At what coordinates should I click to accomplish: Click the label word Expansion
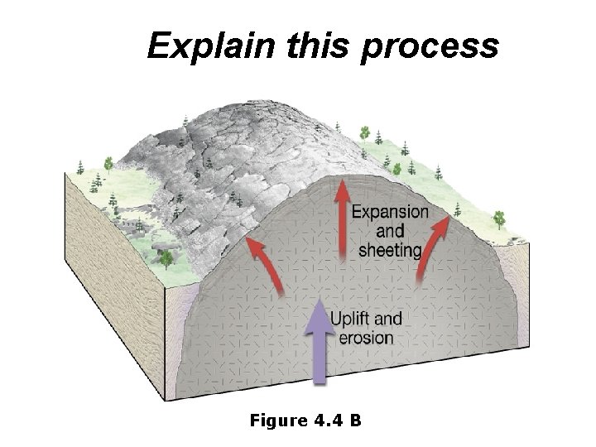click(x=391, y=212)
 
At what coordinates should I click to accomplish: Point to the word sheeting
click(x=390, y=249)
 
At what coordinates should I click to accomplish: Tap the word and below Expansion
click(x=390, y=230)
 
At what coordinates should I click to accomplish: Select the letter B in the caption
click(x=354, y=421)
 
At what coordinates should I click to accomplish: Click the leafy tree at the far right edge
click(x=498, y=219)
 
